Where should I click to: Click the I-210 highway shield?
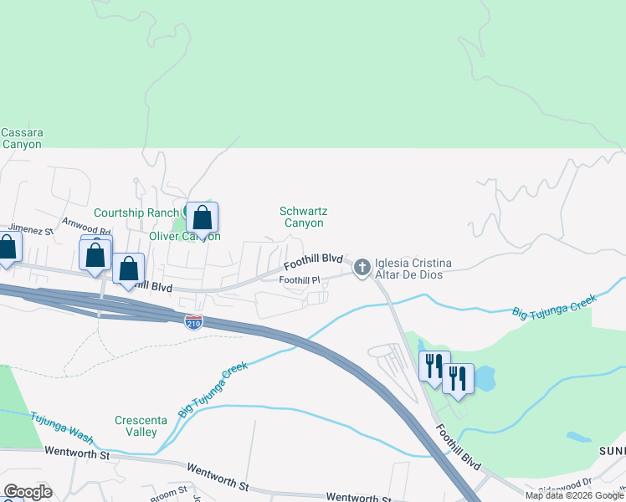(192, 321)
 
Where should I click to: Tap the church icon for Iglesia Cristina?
(362, 268)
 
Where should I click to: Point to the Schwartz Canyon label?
(301, 217)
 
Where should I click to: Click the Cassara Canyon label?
(22, 138)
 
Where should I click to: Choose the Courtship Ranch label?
(136, 213)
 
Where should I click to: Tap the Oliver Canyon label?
(184, 236)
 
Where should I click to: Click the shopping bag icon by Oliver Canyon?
(202, 219)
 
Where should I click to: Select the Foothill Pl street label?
(300, 279)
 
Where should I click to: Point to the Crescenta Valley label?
(136, 426)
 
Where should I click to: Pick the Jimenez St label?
(31, 228)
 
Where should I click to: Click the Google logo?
(28, 491)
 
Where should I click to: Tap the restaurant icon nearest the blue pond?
(458, 379)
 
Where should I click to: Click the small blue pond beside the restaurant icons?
(485, 379)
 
